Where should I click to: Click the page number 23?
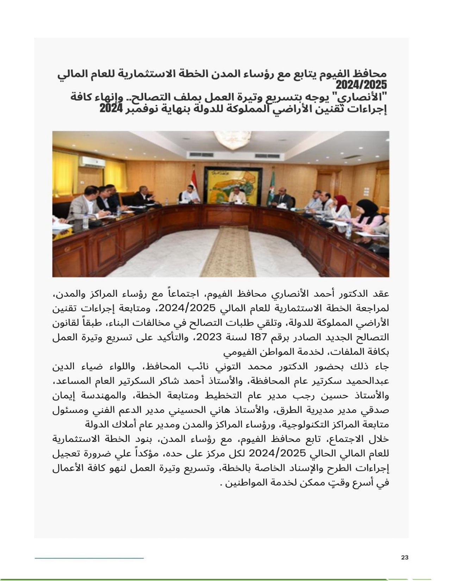tap(404, 557)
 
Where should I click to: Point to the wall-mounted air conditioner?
tap(92, 162)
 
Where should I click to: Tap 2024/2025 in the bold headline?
tap(361, 85)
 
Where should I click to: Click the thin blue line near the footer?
tap(89, 558)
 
